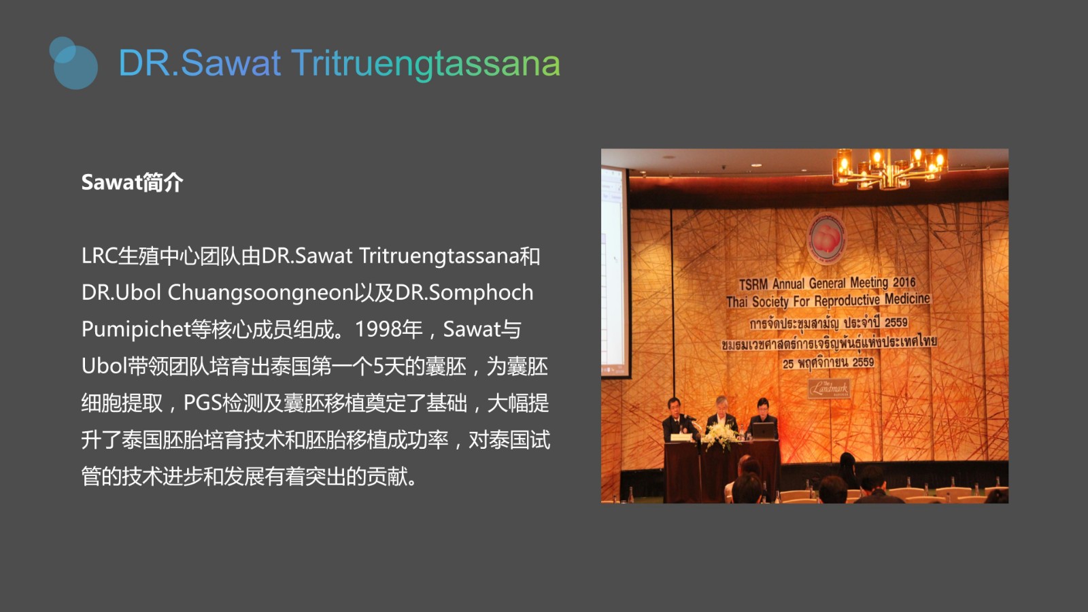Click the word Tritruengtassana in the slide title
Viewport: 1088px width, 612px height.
(426, 63)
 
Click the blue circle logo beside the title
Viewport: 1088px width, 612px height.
(73, 63)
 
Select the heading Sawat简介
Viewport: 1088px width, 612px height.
(132, 183)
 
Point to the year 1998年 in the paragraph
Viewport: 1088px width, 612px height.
(389, 329)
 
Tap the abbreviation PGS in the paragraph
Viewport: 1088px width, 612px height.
(202, 403)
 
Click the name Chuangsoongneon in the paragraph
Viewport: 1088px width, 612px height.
(260, 293)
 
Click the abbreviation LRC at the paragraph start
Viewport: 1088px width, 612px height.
(99, 256)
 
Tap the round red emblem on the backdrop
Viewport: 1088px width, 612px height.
(827, 239)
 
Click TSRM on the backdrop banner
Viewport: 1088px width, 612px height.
(753, 285)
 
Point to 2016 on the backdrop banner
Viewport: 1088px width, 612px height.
(904, 282)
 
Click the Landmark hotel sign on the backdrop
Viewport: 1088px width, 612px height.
(829, 388)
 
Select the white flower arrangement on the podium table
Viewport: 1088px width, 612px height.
(720, 435)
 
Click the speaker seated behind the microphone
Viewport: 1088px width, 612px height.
(679, 420)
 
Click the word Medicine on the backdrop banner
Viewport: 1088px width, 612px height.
(907, 299)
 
